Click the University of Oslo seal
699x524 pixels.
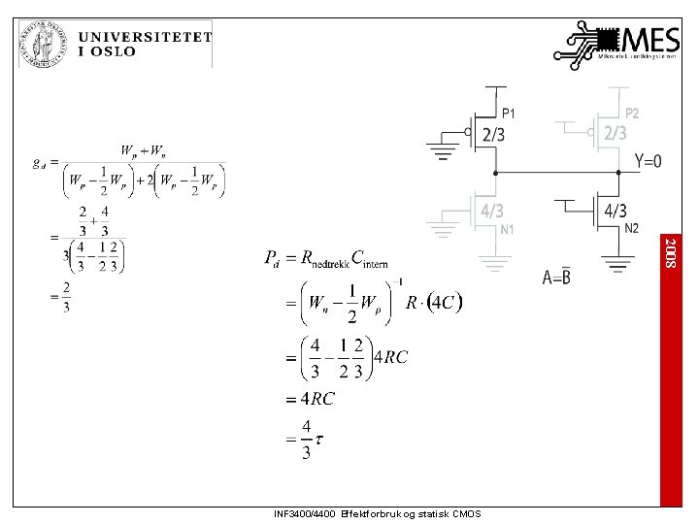pyautogui.click(x=42, y=44)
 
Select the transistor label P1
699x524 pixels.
pyautogui.click(x=509, y=115)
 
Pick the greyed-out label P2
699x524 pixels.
pyautogui.click(x=632, y=114)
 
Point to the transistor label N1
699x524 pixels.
pyautogui.click(x=508, y=230)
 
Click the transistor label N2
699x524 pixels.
pyautogui.click(x=631, y=229)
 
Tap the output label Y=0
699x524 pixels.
pyautogui.click(x=648, y=161)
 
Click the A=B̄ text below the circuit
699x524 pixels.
pyautogui.click(x=556, y=278)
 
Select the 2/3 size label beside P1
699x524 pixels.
pyautogui.click(x=493, y=134)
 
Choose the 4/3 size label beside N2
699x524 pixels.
pyautogui.click(x=616, y=210)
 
